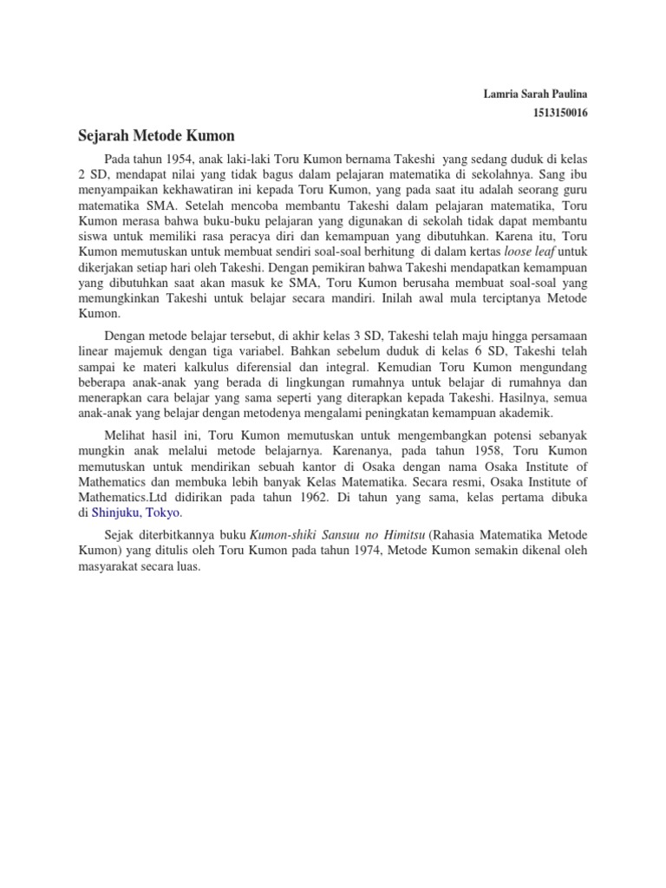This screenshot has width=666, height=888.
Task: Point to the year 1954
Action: click(178, 159)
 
